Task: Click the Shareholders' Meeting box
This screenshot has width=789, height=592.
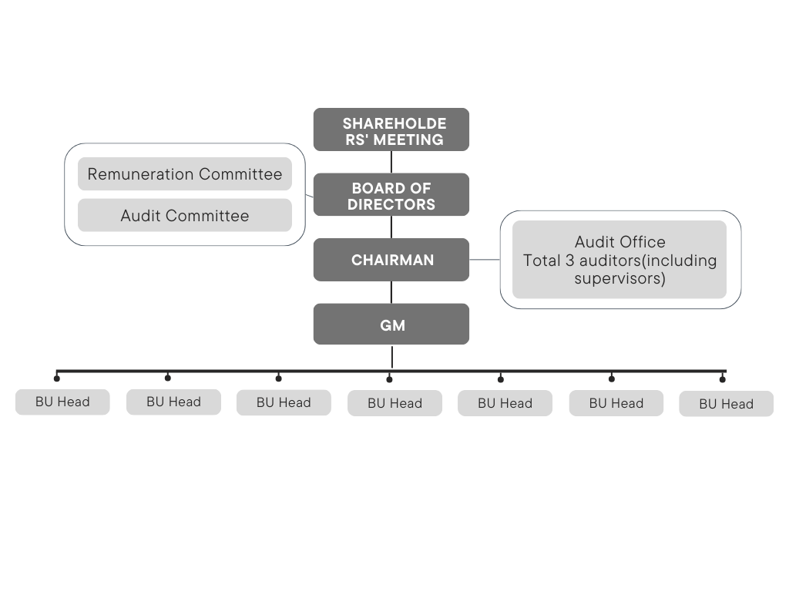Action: click(391, 129)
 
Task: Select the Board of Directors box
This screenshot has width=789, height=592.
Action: click(391, 194)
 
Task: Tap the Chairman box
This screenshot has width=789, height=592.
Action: click(391, 260)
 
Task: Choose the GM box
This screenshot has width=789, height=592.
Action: click(391, 325)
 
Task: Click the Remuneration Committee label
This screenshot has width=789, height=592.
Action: click(185, 174)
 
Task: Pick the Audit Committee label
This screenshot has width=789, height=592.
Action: click(185, 216)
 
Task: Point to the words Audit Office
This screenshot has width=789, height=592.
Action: click(619, 242)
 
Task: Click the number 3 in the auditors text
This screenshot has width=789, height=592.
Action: click(569, 261)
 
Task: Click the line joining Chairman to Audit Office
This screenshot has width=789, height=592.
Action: click(485, 260)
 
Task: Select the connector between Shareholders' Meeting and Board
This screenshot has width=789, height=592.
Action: click(391, 162)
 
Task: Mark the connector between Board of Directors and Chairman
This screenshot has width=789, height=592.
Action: click(391, 227)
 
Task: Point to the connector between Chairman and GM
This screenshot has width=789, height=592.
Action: click(391, 292)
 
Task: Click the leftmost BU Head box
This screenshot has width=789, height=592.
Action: click(62, 402)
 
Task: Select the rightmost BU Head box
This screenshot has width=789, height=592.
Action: click(726, 404)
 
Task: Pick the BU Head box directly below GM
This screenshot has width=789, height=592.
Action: click(394, 403)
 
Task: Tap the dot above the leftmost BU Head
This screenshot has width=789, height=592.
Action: click(56, 378)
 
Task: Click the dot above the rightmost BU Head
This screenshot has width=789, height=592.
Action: click(722, 378)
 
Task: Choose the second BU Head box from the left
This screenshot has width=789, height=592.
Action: click(173, 402)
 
